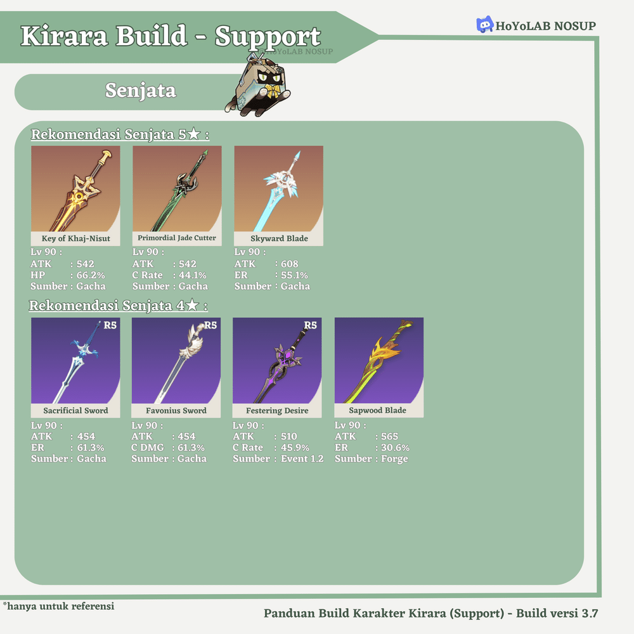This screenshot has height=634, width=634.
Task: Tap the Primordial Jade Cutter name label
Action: point(177,238)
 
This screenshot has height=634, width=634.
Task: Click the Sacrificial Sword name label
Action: point(75,411)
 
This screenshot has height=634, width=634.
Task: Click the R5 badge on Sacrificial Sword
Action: point(110,325)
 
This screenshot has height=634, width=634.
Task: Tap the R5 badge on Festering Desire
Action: point(310,325)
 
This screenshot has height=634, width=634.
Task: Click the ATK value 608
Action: point(289,264)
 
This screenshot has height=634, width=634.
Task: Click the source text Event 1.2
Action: point(302,458)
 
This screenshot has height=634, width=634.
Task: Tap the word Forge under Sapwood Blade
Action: point(394,458)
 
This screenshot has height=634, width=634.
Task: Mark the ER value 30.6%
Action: point(395,448)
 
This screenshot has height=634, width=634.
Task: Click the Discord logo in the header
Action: point(484,25)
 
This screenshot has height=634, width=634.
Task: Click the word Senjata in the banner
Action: point(140,91)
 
